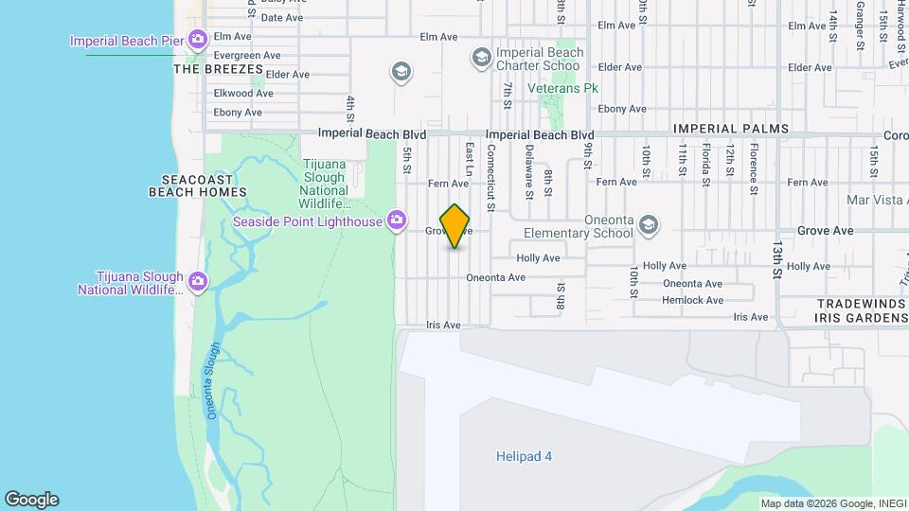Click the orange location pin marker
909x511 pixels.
pos(455,226)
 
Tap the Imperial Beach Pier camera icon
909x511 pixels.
pos(198,40)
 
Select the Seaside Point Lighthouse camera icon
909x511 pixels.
pos(398,221)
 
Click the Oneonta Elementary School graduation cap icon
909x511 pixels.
pos(649,225)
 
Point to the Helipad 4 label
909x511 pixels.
pos(524,456)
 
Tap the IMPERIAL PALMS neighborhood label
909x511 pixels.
pos(730,129)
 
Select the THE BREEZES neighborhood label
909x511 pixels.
pos(218,69)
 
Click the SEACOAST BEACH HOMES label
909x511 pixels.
pos(198,185)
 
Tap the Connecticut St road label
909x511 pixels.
pos(490,177)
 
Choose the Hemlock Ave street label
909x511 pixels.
pos(692,300)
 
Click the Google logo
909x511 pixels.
pos(31,500)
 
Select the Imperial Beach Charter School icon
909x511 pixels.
pos(480,59)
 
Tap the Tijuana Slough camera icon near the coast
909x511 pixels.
pos(198,281)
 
